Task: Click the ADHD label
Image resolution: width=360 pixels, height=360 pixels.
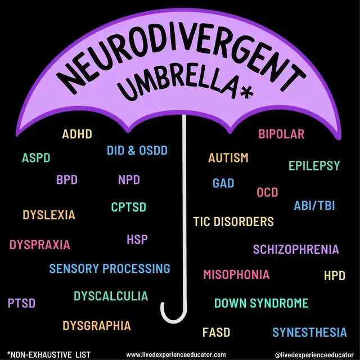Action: (x=77, y=134)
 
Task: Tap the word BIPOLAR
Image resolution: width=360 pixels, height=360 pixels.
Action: (x=281, y=134)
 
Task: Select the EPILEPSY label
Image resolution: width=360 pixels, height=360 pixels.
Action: (x=314, y=165)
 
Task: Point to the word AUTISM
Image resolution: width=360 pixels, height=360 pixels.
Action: (x=228, y=158)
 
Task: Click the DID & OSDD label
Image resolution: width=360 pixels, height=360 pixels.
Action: (x=137, y=151)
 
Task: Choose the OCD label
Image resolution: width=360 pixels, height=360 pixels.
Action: (x=267, y=193)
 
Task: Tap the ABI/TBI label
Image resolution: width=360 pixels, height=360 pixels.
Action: (x=314, y=205)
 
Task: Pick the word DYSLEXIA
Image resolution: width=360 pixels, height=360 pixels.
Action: (x=49, y=215)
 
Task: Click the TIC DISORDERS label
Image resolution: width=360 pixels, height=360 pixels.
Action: (x=233, y=222)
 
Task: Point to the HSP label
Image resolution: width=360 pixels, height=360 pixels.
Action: (x=137, y=240)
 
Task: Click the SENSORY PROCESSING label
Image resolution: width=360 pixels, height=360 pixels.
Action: (x=110, y=268)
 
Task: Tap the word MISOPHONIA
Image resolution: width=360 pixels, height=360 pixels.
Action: (x=236, y=275)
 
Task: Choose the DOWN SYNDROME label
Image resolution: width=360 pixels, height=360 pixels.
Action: (x=261, y=303)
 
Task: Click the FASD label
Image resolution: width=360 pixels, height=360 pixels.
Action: (x=216, y=332)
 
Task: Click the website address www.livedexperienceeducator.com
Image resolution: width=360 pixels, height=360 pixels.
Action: (x=180, y=354)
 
